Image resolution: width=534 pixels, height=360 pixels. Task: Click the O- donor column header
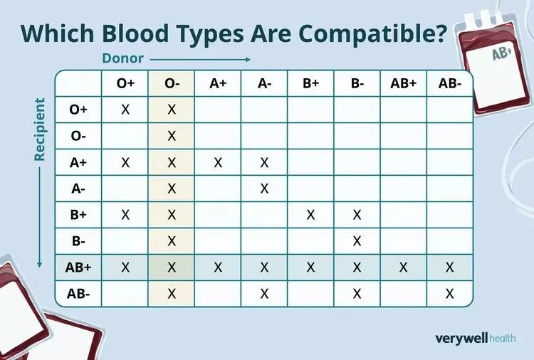(x=172, y=83)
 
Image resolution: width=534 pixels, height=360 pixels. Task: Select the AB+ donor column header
(x=403, y=83)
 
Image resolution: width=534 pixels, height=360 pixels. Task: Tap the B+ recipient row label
(x=78, y=215)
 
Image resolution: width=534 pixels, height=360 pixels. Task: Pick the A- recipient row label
(x=78, y=189)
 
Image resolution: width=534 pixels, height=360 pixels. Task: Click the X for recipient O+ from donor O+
(x=125, y=110)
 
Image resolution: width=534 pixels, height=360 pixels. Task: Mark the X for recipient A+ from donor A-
(x=264, y=162)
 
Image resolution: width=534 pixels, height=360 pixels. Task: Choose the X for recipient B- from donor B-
(x=357, y=241)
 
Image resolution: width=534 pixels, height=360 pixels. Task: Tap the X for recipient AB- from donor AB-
(x=449, y=293)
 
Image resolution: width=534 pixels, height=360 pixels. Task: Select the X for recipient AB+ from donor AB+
(x=403, y=267)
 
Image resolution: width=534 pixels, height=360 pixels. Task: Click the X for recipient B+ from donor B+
(x=310, y=215)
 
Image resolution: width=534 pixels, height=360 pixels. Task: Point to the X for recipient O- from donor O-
(x=172, y=136)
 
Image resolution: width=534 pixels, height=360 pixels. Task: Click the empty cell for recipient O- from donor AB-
(x=449, y=136)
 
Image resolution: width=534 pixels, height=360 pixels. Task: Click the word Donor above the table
(x=122, y=59)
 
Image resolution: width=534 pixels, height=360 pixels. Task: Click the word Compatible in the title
(x=355, y=33)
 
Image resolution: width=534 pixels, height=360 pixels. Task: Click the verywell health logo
(x=475, y=338)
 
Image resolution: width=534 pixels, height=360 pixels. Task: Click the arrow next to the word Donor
(x=199, y=59)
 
